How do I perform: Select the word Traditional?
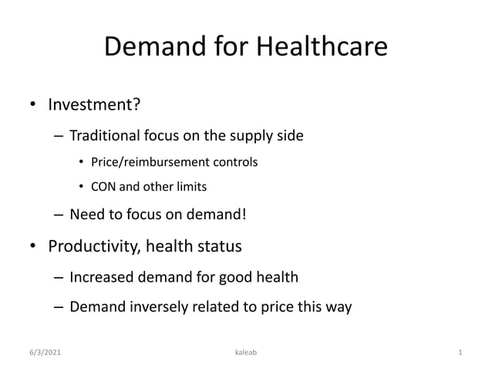[x=103, y=137]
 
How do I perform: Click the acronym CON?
[x=103, y=187]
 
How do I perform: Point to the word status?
[x=219, y=247]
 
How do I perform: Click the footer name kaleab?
[x=246, y=353]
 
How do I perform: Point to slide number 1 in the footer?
[x=460, y=353]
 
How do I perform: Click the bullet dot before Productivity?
[x=33, y=248]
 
